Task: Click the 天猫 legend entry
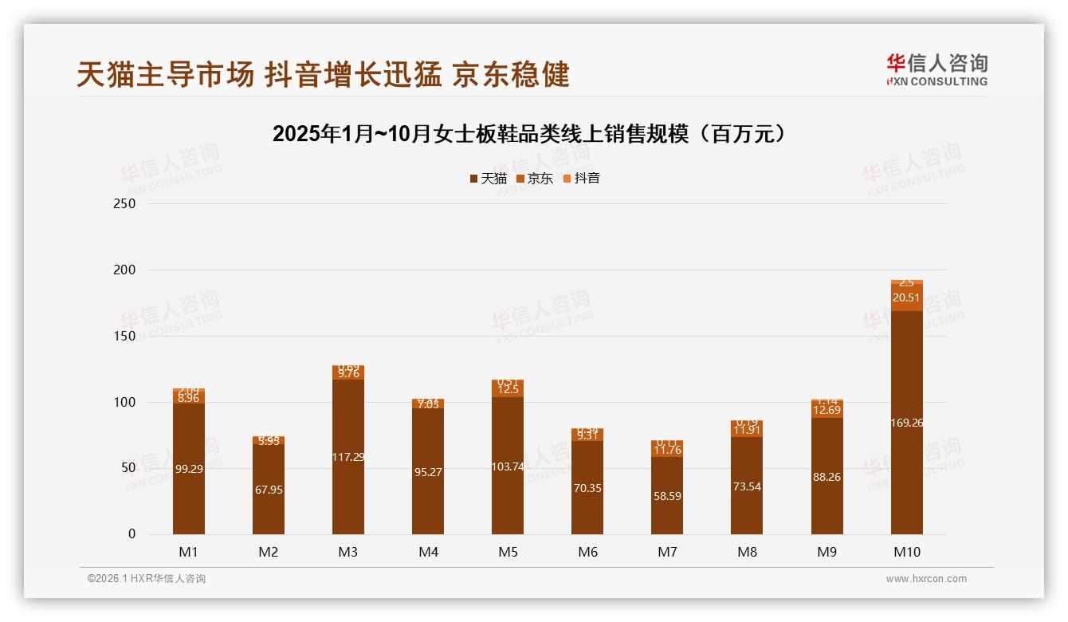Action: coord(488,179)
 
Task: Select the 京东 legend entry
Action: coord(535,179)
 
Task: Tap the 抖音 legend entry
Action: coord(582,179)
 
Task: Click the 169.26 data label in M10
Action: coord(907,423)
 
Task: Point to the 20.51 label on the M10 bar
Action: coord(907,297)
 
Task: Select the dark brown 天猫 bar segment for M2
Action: coord(269,489)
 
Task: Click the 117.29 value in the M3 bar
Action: coord(348,457)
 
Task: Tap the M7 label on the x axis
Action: coord(667,552)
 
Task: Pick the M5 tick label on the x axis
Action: coord(508,552)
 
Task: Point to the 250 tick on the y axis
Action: coord(125,203)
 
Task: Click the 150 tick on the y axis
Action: coord(125,336)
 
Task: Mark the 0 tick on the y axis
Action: coord(132,534)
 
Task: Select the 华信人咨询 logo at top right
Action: coord(936,70)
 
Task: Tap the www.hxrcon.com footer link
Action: coord(926,579)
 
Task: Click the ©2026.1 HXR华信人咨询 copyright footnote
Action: coord(147,579)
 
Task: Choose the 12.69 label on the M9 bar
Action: coord(827,411)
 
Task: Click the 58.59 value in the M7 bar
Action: coord(667,496)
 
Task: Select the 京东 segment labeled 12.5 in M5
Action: coord(508,390)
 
